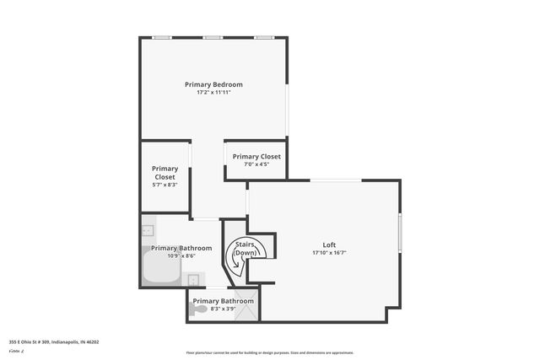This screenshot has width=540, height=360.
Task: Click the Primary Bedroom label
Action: pyautogui.click(x=213, y=84)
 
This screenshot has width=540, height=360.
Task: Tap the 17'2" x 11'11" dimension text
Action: pyautogui.click(x=213, y=93)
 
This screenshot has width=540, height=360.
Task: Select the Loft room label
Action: pyautogui.click(x=329, y=245)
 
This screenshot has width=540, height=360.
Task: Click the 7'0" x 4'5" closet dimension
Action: pyautogui.click(x=256, y=164)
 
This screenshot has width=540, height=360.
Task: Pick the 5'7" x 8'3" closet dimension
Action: pyautogui.click(x=164, y=185)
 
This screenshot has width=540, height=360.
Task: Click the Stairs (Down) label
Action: pyautogui.click(x=245, y=249)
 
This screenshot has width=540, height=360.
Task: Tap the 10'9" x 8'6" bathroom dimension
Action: pyautogui.click(x=174, y=256)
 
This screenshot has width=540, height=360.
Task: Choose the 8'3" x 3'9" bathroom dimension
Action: pyautogui.click(x=223, y=309)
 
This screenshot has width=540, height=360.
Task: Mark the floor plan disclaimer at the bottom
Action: pyautogui.click(x=269, y=352)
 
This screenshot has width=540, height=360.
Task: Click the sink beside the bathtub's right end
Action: pyautogui.click(x=194, y=280)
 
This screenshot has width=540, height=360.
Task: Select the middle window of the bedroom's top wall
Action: pyautogui.click(x=213, y=37)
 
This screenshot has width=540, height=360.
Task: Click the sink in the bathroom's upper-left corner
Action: pyautogui.click(x=148, y=229)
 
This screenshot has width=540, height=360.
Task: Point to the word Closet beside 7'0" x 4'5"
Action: pyautogui.click(x=270, y=157)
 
